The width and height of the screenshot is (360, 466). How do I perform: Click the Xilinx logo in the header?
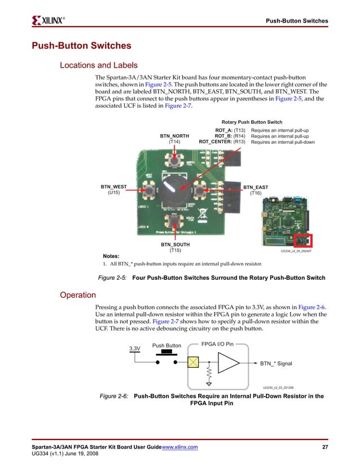point(50,21)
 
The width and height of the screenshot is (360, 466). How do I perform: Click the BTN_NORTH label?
point(174,135)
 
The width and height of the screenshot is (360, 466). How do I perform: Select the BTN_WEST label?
point(113,187)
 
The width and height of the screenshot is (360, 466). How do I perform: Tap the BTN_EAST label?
point(256,187)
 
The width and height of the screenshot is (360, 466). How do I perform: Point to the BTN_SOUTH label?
point(175,245)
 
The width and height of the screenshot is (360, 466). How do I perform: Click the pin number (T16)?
point(256,193)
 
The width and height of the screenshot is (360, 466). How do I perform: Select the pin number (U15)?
point(113,193)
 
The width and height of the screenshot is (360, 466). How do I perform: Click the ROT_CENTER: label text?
point(216,142)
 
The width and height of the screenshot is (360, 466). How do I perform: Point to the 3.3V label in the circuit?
point(135,349)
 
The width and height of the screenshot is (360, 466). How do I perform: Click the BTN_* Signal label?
point(276,364)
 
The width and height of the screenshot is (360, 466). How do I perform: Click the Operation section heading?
point(78,294)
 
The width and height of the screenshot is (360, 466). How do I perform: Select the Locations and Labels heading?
point(99,65)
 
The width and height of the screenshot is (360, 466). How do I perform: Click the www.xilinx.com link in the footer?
point(179,447)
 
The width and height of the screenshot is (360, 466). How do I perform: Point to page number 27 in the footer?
point(324,447)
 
